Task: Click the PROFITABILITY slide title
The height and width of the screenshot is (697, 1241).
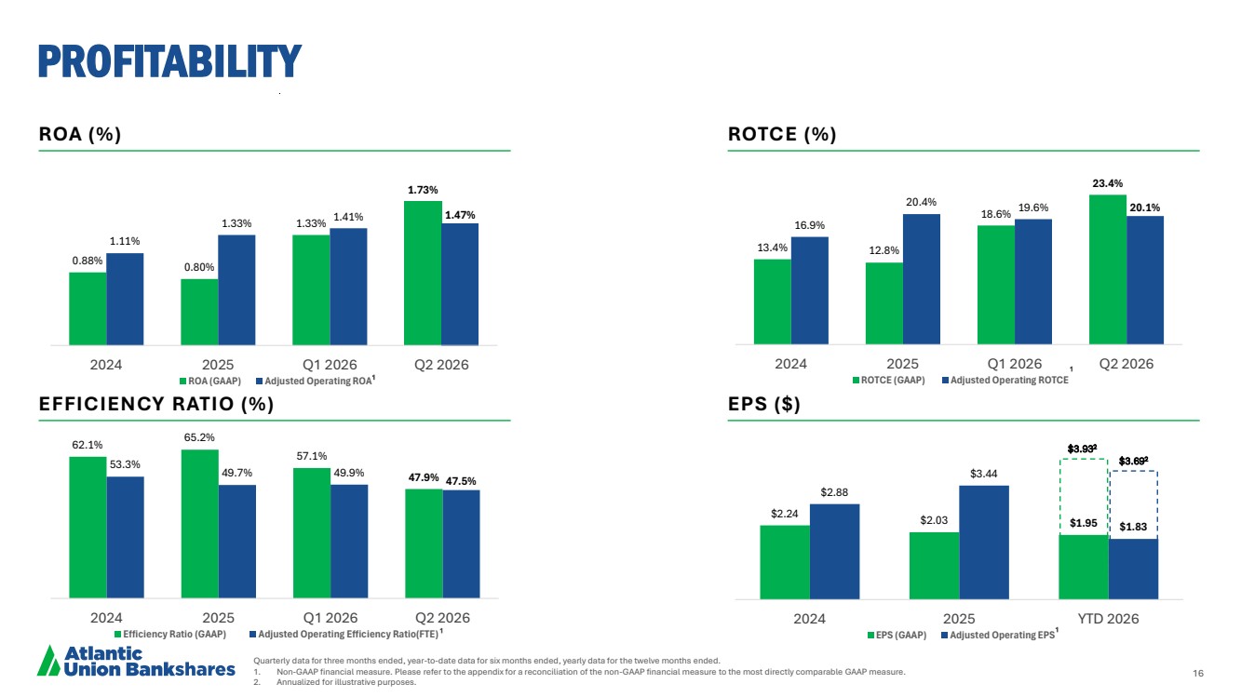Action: pos(169,60)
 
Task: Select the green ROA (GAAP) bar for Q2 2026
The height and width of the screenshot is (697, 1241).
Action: pos(423,273)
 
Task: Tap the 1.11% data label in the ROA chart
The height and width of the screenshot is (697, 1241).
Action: pos(125,241)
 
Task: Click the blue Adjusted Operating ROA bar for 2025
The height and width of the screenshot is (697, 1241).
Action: pos(236,290)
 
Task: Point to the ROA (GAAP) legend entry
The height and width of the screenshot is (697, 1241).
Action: pos(210,381)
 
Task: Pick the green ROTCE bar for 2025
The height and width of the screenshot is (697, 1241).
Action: pos(884,303)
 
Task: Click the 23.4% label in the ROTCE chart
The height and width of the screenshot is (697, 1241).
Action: pos(1108,183)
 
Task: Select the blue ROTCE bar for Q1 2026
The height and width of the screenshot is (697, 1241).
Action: pos(1033,282)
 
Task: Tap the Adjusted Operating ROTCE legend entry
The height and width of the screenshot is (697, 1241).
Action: pos(1005,380)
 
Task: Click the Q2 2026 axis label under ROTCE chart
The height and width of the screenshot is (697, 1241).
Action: pos(1126,364)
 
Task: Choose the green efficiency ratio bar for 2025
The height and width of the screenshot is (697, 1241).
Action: pos(200,524)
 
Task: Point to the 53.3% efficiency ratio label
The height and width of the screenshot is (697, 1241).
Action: pos(125,464)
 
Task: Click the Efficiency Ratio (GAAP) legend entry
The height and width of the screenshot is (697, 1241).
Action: pos(170,634)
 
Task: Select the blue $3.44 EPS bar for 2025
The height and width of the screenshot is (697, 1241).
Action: pos(984,543)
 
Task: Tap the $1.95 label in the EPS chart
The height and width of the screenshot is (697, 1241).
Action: pos(1083,523)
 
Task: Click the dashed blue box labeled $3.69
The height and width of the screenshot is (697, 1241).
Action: pos(1134,472)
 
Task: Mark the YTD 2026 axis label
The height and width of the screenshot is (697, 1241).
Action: pos(1108,619)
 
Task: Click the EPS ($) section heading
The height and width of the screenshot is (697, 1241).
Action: pos(764,404)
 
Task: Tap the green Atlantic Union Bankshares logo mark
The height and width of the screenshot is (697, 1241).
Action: pos(48,661)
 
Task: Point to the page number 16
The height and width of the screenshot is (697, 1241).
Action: pos(1198,673)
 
